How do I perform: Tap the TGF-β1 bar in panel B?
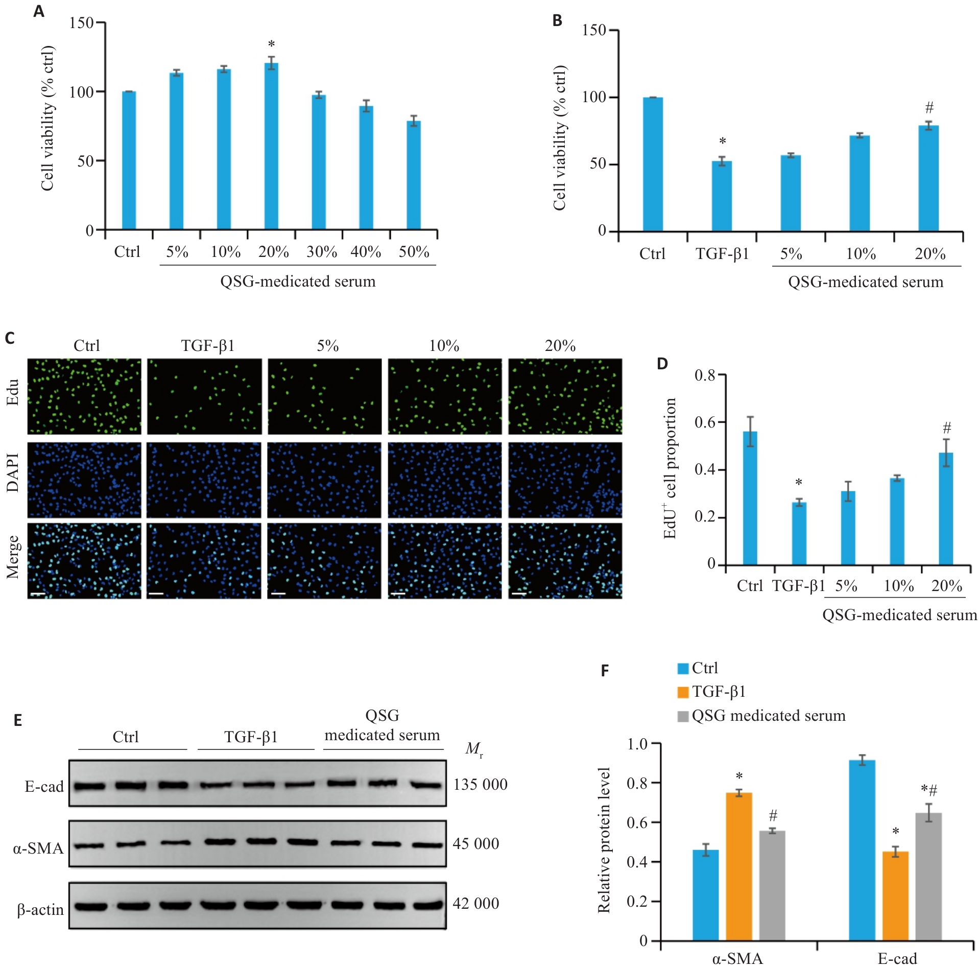pos(722,196)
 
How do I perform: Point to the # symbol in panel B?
pos(929,108)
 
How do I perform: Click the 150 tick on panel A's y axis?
pos(82,23)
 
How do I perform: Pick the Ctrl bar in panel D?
pos(750,498)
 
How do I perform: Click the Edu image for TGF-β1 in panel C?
pos(204,396)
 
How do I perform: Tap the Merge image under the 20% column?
pos(565,560)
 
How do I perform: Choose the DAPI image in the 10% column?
pos(444,480)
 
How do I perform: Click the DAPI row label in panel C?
pos(13,473)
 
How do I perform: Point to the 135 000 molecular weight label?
pos(480,785)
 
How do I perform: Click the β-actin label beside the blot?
pos(40,910)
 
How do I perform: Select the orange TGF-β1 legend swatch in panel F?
pos(683,692)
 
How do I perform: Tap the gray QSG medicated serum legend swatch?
pos(683,716)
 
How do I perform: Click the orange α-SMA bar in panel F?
pos(738,866)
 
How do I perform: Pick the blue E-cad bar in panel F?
pos(862,850)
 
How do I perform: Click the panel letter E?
pos(18,721)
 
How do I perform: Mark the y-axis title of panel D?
pos(670,468)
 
